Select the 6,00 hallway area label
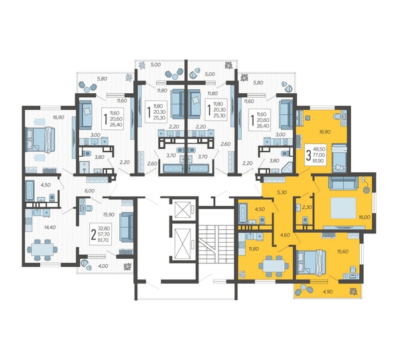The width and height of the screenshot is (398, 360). click(x=90, y=191)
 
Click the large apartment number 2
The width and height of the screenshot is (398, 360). click(x=83, y=232)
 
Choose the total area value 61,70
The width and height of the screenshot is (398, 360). click(x=103, y=239)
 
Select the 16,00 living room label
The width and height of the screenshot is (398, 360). click(x=364, y=218)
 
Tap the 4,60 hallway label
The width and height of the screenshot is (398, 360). click(x=285, y=234)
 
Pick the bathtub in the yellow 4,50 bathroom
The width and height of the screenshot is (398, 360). click(x=242, y=214)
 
